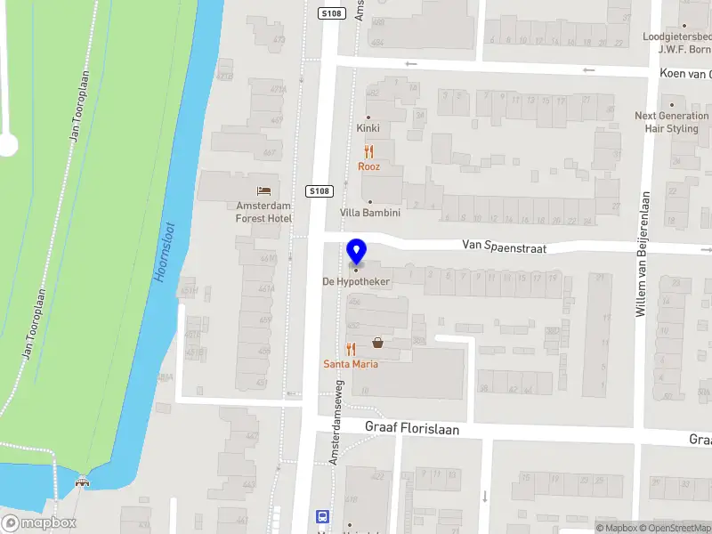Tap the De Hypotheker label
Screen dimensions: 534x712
[356, 281]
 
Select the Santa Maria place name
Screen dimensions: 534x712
[351, 364]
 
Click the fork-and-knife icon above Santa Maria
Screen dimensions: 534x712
[351, 349]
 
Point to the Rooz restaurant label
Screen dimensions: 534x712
[368, 166]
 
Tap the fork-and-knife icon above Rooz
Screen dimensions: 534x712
[368, 151]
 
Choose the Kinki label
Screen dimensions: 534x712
[368, 129]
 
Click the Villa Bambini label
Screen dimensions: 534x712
[370, 214]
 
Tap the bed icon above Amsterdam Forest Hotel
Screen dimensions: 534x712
[263, 190]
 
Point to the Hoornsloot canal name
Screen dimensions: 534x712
[165, 254]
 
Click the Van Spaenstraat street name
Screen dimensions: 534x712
[504, 245]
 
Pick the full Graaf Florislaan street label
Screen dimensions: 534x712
[412, 428]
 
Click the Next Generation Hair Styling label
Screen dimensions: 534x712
[672, 122]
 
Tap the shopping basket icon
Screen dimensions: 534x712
[377, 343]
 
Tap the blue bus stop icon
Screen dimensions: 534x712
[322, 516]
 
